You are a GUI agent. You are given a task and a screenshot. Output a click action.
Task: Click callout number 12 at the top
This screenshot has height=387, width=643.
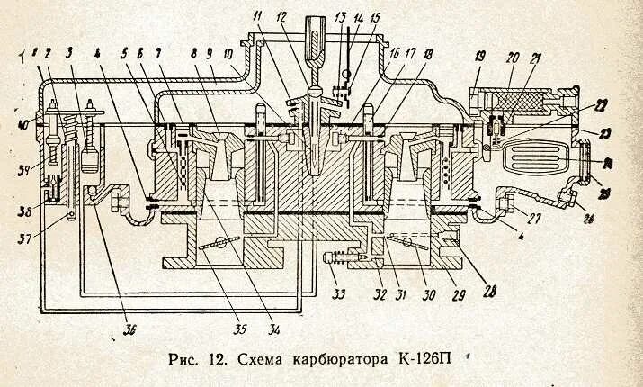281,16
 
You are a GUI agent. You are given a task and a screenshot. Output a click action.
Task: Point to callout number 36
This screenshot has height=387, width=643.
130,329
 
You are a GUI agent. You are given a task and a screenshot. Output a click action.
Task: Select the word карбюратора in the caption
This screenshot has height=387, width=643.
342,359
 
